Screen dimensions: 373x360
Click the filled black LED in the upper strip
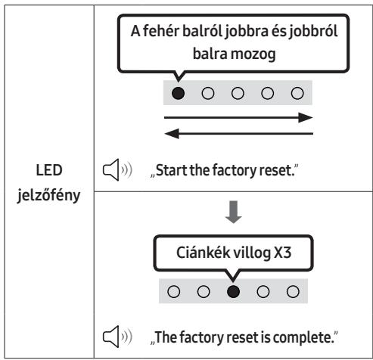[178, 93]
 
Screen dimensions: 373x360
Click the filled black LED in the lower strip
[233, 291]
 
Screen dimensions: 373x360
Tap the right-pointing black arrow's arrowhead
[305, 117]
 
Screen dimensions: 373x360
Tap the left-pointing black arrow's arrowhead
[172, 134]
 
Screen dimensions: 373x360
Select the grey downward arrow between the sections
[234, 212]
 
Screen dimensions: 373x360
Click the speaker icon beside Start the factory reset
[117, 169]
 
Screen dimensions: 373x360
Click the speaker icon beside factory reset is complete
[117, 337]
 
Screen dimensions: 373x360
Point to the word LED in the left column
[49, 170]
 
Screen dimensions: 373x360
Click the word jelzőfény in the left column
[48, 195]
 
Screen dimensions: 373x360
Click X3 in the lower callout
[282, 253]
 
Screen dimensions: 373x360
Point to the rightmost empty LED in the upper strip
[297, 93]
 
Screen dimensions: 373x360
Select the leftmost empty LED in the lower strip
[173, 291]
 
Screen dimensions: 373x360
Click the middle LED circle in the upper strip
[238, 93]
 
